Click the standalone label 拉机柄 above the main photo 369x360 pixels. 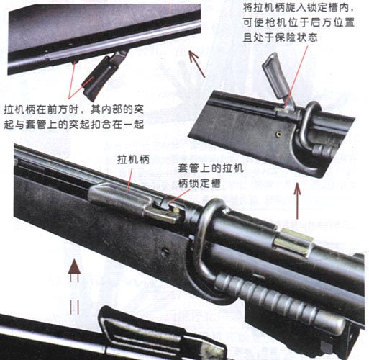(x=133, y=160)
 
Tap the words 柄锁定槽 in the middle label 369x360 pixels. (x=199, y=184)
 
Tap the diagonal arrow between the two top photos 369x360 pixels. (x=196, y=64)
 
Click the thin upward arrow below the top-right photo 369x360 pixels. (x=297, y=201)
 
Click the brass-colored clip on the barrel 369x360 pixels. (x=293, y=243)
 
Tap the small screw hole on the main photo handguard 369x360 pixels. (x=165, y=251)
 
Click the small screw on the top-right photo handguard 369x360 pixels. (x=278, y=135)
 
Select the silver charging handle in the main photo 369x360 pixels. (x=135, y=202)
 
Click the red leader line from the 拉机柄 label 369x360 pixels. (x=129, y=180)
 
